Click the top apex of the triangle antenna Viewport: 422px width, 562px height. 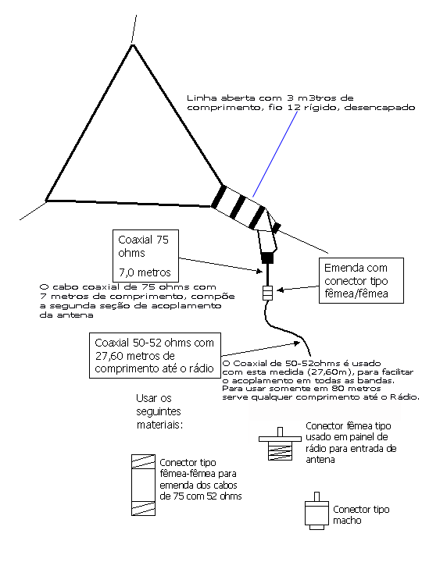click(133, 44)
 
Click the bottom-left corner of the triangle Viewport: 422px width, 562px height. click(46, 201)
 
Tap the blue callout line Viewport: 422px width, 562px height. click(275, 154)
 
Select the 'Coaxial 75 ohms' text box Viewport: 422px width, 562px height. click(145, 256)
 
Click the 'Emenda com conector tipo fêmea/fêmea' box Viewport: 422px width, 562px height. click(361, 281)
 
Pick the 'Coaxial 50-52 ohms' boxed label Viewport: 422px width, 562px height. click(155, 356)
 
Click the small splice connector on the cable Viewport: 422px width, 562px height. click(268, 293)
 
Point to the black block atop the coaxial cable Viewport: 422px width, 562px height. click(267, 258)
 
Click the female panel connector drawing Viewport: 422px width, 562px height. click(280, 443)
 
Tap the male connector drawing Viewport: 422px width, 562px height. click(316, 511)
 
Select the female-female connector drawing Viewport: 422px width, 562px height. click(143, 485)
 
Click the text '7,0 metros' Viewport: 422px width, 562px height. click(145, 272)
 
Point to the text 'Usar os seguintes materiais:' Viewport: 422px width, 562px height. click(159, 411)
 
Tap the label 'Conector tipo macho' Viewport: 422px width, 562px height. click(361, 514)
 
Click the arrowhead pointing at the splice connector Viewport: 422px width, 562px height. click(281, 290)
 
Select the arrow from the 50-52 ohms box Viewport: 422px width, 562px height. click(260, 349)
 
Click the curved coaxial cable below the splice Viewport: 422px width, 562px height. click(284, 328)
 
